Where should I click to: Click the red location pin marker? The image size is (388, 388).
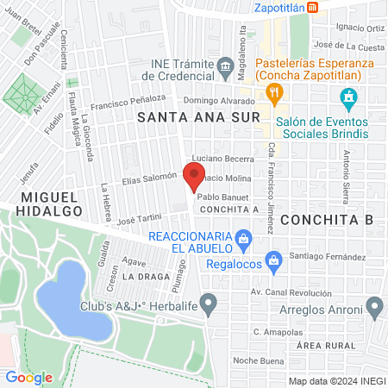coord(194,177)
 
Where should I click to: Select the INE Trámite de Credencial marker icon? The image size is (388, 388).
coord(226,66)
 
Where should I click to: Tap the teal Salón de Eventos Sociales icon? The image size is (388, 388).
coord(349,97)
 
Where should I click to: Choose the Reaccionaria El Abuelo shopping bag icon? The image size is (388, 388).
coord(244,236)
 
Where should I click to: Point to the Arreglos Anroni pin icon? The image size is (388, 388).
coord(374,305)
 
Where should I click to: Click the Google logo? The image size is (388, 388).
coord(29,377)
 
